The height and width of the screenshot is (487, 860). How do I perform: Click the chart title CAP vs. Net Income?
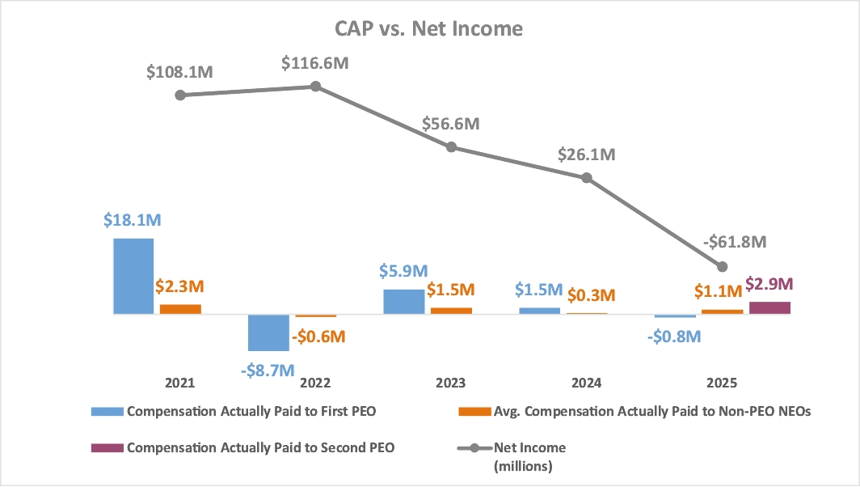(429, 29)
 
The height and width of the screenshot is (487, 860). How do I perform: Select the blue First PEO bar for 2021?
(133, 276)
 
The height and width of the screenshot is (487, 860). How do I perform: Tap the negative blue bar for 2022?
(268, 332)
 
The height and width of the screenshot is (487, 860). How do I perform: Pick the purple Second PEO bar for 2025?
(770, 307)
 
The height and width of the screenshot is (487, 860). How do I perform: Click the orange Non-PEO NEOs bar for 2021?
(180, 309)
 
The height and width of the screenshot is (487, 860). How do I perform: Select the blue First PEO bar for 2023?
(404, 301)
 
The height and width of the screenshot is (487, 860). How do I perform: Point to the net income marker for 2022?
(316, 86)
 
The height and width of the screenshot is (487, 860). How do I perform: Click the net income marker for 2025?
(723, 266)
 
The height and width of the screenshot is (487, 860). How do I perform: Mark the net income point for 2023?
(452, 147)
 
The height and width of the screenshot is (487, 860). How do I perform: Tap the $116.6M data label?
(315, 62)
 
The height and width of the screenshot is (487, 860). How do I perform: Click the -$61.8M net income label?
(733, 241)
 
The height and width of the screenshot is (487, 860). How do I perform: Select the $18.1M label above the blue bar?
(132, 221)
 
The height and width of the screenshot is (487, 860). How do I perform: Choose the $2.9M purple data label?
(769, 284)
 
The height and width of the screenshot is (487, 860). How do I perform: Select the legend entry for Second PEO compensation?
(260, 447)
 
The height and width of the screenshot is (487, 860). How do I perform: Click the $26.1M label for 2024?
(586, 155)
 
